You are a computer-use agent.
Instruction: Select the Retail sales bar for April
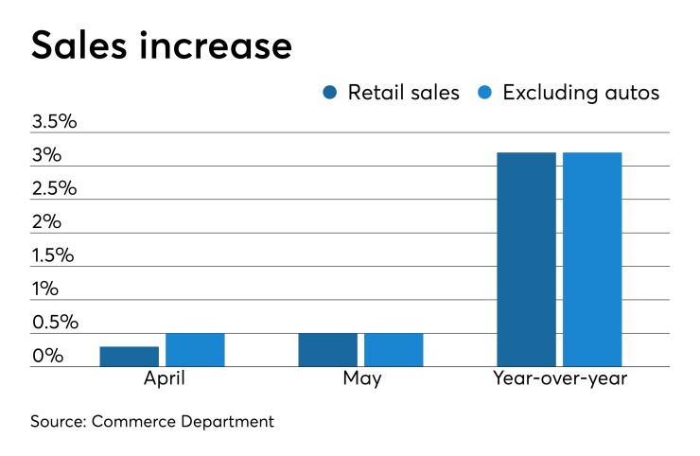(x=129, y=357)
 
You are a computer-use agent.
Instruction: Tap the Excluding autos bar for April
(x=195, y=350)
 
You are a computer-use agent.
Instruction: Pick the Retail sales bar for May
(x=327, y=350)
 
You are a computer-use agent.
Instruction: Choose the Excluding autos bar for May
(x=394, y=350)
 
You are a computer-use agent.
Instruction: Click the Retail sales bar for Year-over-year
(x=526, y=259)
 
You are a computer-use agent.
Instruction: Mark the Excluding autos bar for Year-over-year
(x=592, y=259)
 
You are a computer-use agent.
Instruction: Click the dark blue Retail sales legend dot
(x=330, y=93)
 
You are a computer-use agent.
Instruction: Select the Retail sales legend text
(x=403, y=93)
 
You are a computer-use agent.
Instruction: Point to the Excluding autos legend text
(x=580, y=93)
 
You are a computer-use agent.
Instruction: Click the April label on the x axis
(x=162, y=379)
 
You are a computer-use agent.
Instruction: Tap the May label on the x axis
(x=360, y=379)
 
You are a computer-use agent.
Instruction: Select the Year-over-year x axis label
(x=559, y=379)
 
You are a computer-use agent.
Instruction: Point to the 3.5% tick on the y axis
(x=54, y=122)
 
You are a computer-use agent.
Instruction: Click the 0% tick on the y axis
(x=47, y=357)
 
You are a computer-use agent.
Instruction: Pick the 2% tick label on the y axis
(x=46, y=222)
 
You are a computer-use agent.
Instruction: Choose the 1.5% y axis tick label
(x=53, y=255)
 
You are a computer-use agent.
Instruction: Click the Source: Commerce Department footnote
(x=150, y=422)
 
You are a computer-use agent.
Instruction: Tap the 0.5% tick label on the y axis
(x=54, y=323)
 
